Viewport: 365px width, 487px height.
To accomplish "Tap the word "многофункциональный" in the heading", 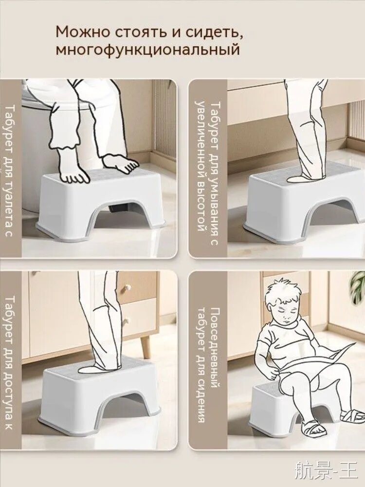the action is [x=148, y=50].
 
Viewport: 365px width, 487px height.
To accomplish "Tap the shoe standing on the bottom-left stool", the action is [x=99, y=368].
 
